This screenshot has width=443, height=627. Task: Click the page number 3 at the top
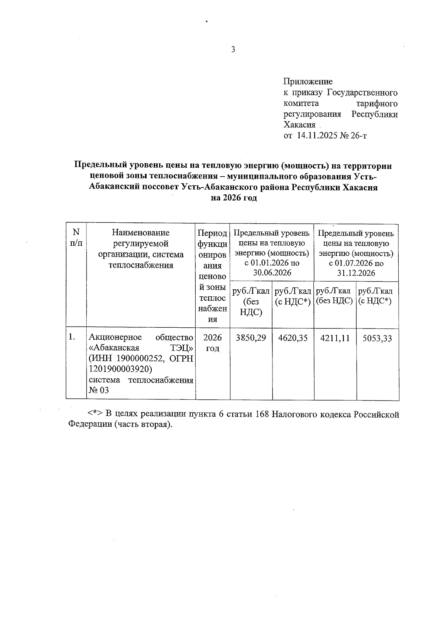[233, 50]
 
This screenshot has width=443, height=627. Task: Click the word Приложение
[308, 81]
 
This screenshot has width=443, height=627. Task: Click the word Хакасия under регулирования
[299, 125]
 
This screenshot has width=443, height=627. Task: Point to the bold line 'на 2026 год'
[233, 198]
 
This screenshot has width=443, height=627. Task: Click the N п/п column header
[76, 237]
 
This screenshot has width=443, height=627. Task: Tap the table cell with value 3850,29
[251, 338]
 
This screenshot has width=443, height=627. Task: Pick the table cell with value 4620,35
[293, 338]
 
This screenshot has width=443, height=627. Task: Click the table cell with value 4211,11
[335, 338]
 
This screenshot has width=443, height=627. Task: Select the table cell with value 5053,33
[377, 338]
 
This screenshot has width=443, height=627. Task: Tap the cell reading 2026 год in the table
[213, 343]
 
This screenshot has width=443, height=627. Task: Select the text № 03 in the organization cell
[99, 391]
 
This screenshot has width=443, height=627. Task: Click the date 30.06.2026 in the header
[272, 273]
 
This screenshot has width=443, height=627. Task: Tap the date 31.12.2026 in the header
[356, 273]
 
